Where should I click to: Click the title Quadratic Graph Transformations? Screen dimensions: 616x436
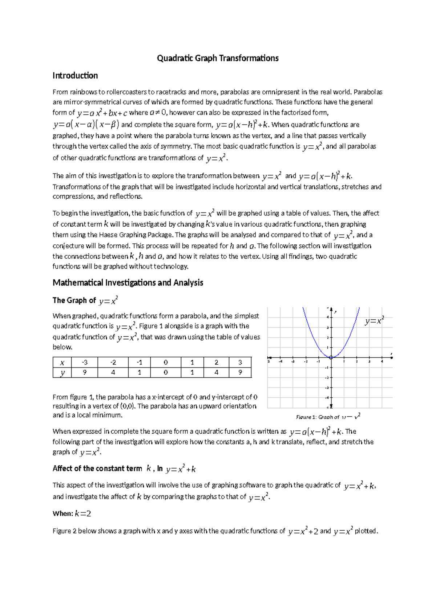tap(218, 58)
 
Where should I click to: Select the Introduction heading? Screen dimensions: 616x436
tap(75, 76)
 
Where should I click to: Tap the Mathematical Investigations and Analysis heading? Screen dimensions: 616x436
tap(128, 283)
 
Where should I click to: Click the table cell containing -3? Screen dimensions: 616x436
tap(85, 362)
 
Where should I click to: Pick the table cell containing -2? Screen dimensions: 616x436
tap(113, 362)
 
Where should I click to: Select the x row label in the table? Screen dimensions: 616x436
tap(62, 362)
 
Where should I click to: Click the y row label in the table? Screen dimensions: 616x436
tap(62, 373)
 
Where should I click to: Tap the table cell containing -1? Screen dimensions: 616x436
tap(140, 362)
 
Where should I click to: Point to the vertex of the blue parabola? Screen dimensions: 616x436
tap(331, 358)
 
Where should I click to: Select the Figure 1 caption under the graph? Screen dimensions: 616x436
tap(328, 417)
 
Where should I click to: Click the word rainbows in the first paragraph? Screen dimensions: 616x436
tap(83, 92)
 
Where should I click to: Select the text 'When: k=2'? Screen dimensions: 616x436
tap(72, 514)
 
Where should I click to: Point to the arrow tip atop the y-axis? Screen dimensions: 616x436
tap(331, 309)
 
